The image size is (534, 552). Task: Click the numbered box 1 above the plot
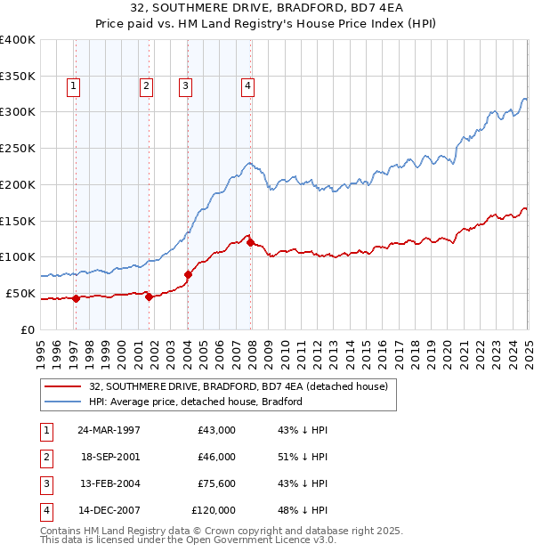(72, 86)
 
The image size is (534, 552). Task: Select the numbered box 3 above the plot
(184, 86)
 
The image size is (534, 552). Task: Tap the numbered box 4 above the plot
(247, 86)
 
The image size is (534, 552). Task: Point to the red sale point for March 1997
(76, 298)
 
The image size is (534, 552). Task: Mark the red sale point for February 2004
(189, 274)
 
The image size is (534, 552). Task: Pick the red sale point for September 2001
(149, 296)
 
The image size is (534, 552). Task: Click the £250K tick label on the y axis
(18, 149)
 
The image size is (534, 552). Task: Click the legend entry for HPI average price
(196, 402)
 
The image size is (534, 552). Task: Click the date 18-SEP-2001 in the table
(109, 457)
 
